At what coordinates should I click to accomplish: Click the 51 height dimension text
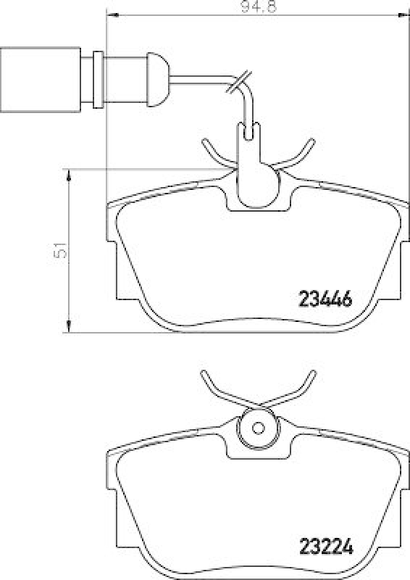coord(62,251)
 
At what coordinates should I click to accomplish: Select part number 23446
coord(325,298)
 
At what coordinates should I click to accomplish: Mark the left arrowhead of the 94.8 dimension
coord(111,15)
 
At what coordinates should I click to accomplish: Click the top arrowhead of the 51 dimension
coord(69,174)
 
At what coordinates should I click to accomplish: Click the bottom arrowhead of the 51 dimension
coord(69,328)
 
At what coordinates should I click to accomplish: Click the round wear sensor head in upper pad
coord(258,185)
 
